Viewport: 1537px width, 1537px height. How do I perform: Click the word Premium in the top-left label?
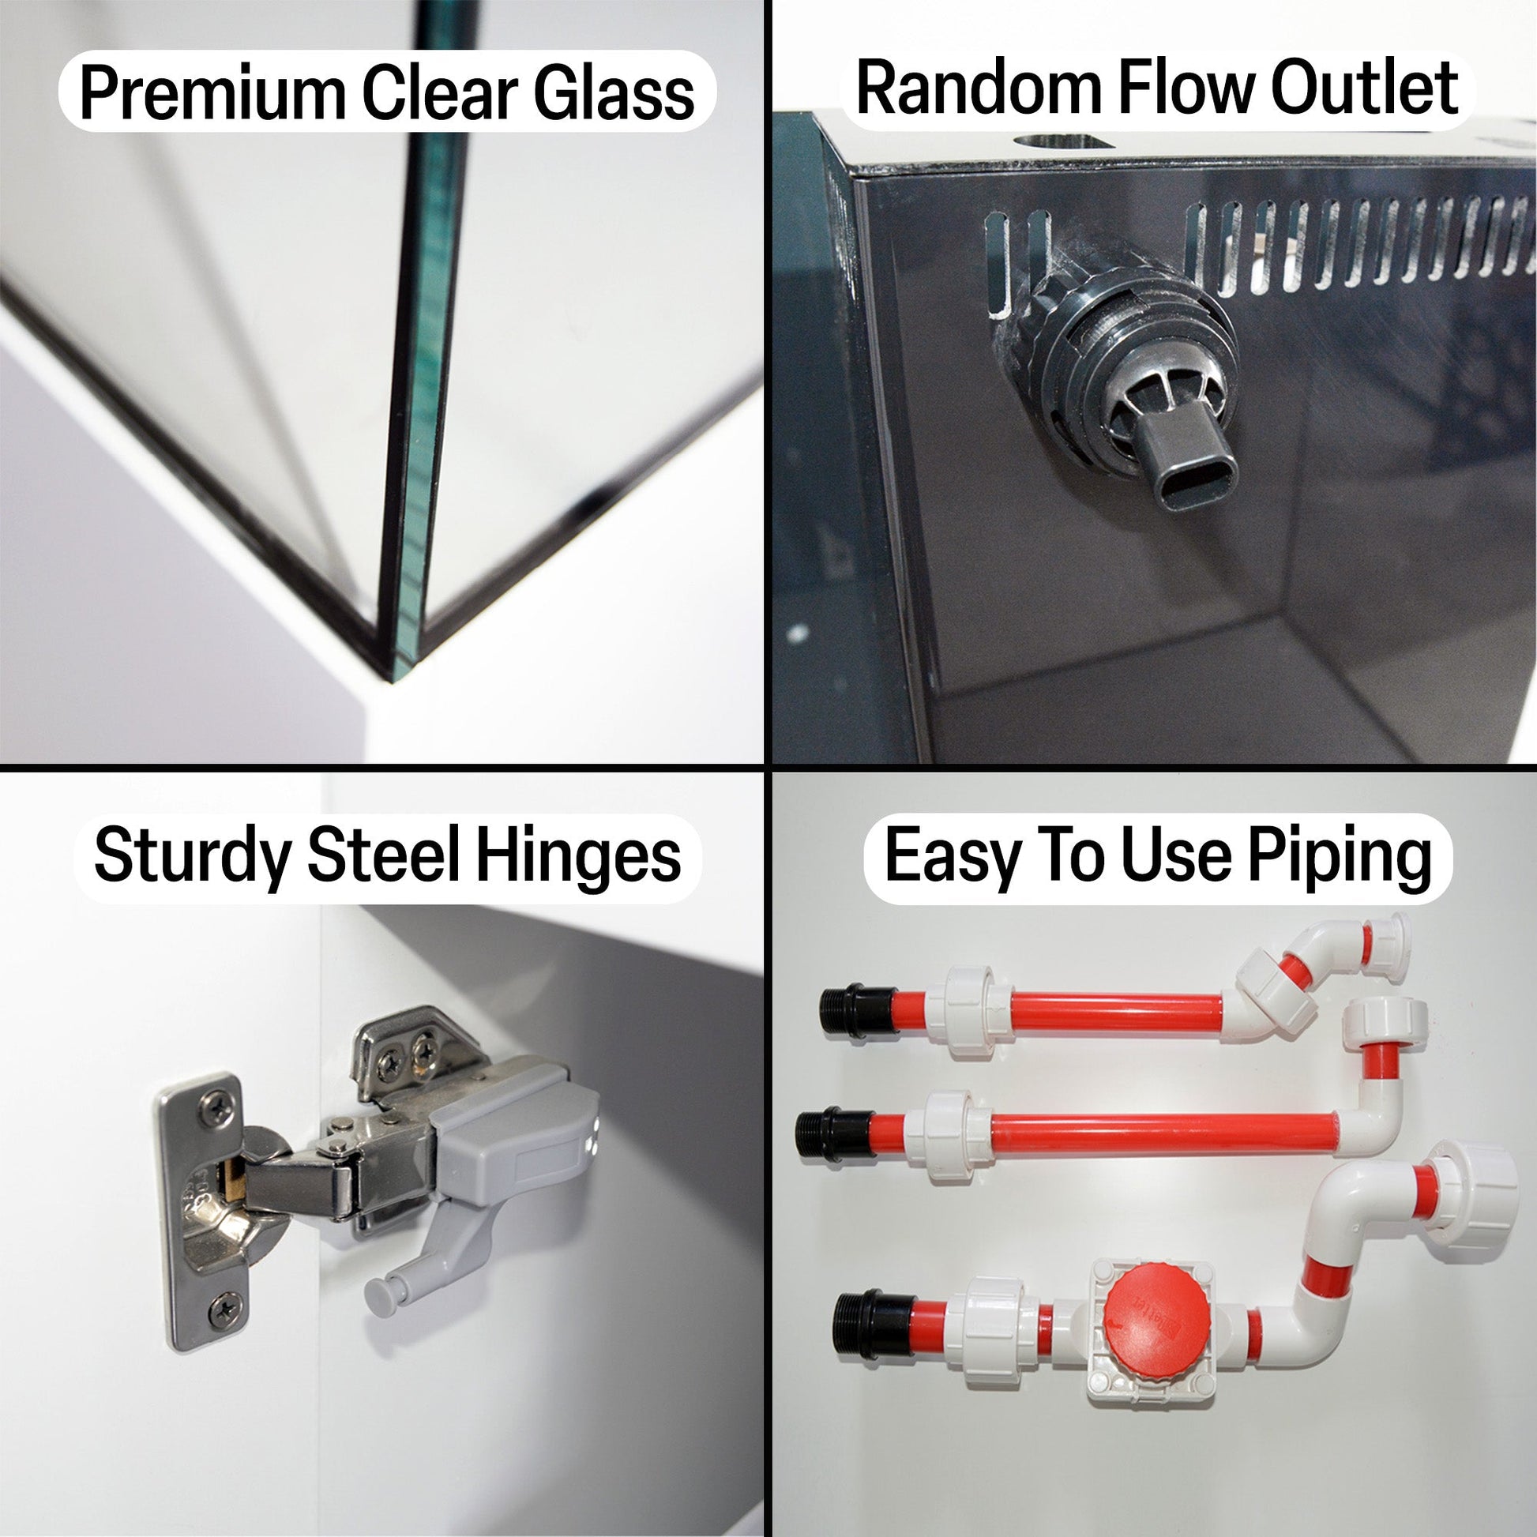[x=212, y=95]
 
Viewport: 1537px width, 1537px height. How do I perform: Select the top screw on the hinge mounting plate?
[x=216, y=1109]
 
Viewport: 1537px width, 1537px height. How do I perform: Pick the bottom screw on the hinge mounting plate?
[x=225, y=1310]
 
